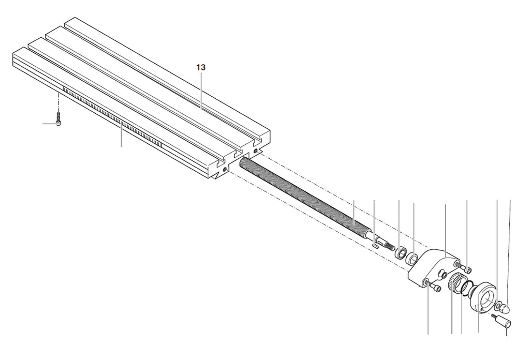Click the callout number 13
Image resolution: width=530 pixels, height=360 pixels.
pos(201,68)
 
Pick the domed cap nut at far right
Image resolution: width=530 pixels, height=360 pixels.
pos(506,308)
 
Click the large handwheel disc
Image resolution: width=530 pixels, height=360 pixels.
pos(483,296)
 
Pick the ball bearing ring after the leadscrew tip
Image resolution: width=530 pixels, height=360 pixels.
pos(401,253)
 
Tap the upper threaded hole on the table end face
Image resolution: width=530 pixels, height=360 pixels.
pos(257,150)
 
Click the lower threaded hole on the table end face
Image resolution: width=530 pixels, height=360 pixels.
pos(225,170)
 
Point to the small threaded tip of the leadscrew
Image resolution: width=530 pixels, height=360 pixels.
pos(390,247)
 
